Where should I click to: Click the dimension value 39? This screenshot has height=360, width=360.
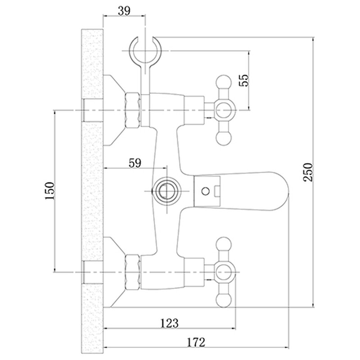tap(125, 10)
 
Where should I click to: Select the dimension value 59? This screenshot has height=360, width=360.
tap(134, 162)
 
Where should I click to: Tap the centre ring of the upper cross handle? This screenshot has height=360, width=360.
tap(224, 110)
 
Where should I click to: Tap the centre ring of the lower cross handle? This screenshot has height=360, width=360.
tap(224, 272)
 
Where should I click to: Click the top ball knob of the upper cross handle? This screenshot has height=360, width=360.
tap(224, 83)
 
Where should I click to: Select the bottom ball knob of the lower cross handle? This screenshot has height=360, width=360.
tap(224, 299)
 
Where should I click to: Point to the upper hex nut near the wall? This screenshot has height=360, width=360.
tap(132, 110)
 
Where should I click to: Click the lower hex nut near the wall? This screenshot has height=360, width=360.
tap(132, 272)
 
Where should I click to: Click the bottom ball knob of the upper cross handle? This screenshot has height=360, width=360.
tap(224, 137)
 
